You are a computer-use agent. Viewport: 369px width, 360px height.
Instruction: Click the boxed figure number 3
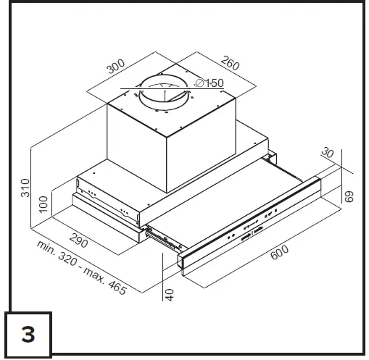coord(28,335)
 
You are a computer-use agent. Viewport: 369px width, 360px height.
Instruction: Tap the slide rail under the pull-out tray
coord(161,237)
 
